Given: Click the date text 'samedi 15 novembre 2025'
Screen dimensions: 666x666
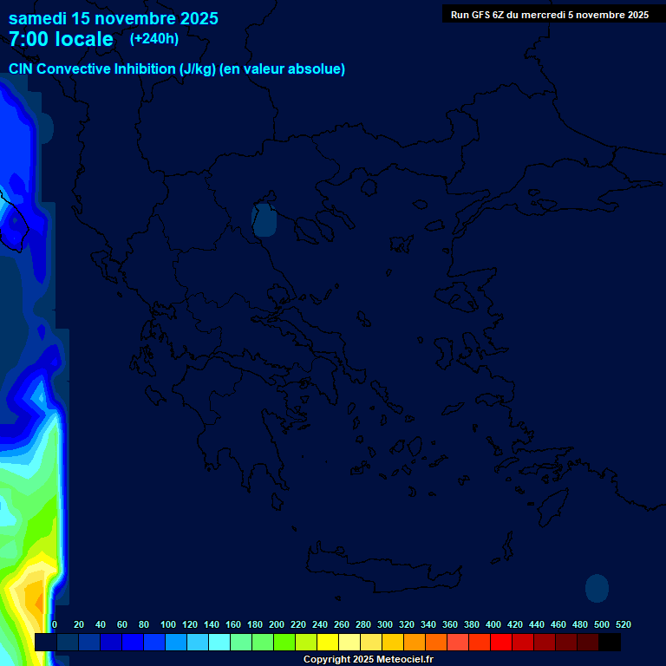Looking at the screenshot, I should (x=114, y=18).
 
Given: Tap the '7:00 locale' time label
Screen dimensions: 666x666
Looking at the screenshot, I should (x=61, y=39).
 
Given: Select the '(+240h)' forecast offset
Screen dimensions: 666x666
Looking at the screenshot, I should (x=154, y=38).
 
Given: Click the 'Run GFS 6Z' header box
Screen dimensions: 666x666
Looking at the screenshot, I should (x=550, y=14).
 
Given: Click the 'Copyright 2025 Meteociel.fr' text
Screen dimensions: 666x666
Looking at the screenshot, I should (x=368, y=660).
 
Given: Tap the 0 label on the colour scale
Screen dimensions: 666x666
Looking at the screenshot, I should (x=55, y=624).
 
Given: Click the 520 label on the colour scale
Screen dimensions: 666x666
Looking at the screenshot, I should (x=623, y=624).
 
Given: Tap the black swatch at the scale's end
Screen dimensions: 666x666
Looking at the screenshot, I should (x=610, y=643).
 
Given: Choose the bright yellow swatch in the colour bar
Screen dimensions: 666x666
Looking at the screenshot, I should (x=328, y=643).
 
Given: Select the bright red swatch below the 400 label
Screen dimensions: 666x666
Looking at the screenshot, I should (x=501, y=643).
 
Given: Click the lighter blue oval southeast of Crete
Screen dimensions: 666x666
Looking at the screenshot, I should (x=597, y=588).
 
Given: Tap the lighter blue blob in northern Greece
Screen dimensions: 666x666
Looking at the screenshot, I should (x=264, y=220).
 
